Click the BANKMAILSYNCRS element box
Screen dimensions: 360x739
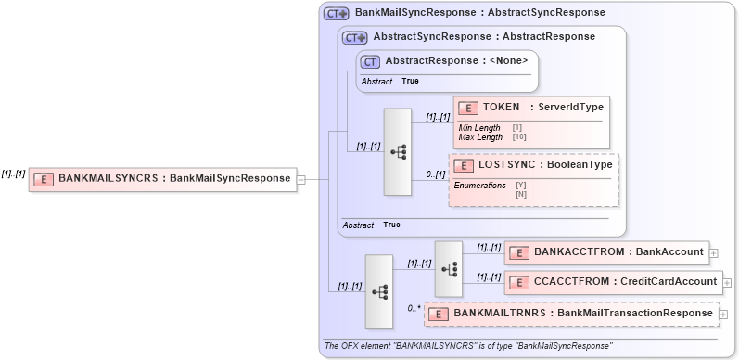pyautogui.click(x=161, y=178)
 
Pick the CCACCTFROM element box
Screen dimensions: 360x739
pyautogui.click(x=613, y=281)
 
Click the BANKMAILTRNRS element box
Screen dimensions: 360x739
pyautogui.click(x=571, y=314)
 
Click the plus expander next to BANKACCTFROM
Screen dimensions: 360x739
pyautogui.click(x=713, y=252)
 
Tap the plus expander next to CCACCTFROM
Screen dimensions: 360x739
pyautogui.click(x=727, y=281)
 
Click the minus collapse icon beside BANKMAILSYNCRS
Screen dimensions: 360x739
pyautogui.click(x=299, y=178)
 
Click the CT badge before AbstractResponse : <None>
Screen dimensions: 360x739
pyautogui.click(x=371, y=61)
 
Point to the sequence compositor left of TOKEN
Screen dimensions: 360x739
pyautogui.click(x=398, y=152)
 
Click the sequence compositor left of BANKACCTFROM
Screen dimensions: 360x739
pyautogui.click(x=448, y=268)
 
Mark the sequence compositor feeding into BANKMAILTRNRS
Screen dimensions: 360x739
pyautogui.click(x=379, y=291)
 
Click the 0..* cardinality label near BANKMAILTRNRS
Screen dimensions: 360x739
pyautogui.click(x=414, y=307)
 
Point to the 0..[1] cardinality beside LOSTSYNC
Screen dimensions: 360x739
pyautogui.click(x=435, y=174)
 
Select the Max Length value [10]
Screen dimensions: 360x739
pyautogui.click(x=519, y=137)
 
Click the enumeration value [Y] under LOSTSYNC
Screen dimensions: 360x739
pyautogui.click(x=520, y=186)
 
